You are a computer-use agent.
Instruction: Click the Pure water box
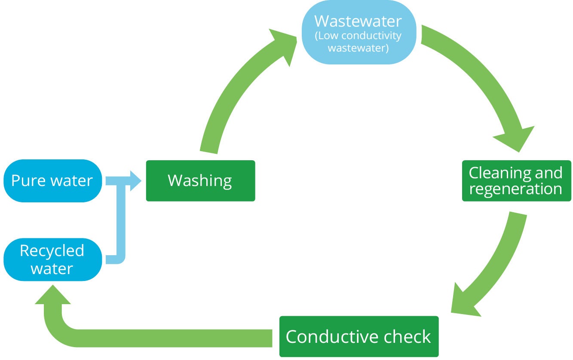click(x=52, y=181)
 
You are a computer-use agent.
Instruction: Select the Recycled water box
click(x=52, y=259)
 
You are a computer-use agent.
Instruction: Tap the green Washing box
click(x=200, y=181)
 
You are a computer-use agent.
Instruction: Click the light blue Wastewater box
click(x=359, y=33)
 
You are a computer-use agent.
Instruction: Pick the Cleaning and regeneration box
click(x=516, y=181)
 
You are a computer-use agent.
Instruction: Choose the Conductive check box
click(x=359, y=336)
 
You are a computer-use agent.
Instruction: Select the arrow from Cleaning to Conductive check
click(x=499, y=262)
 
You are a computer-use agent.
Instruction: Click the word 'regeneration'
click(x=516, y=189)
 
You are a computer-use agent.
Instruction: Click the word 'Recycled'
click(x=52, y=251)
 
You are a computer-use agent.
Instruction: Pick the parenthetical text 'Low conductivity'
click(x=359, y=36)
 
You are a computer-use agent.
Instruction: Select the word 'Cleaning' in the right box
click(x=494, y=173)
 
